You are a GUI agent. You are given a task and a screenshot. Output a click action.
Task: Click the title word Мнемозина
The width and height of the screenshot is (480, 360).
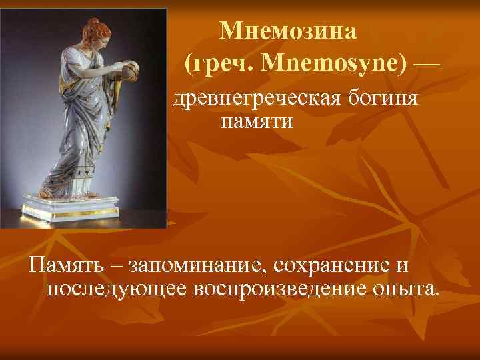pos(289,30)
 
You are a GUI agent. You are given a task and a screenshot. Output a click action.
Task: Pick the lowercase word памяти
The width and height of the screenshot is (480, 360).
pos(255,122)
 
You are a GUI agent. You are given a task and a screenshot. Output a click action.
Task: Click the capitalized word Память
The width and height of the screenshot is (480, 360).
pos(65,266)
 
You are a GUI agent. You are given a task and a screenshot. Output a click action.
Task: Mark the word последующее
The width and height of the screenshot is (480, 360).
pos(117,289)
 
